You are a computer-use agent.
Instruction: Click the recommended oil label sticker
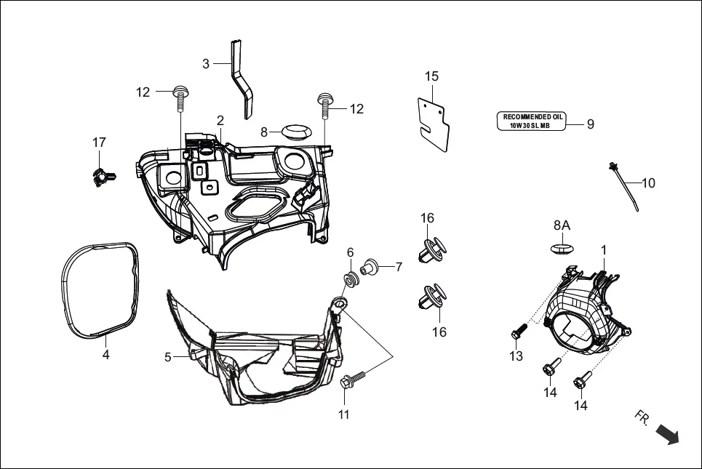coord(531,121)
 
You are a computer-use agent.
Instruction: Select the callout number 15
coord(432,76)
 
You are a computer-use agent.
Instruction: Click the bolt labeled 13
coord(517,332)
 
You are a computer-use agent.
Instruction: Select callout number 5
coord(168,357)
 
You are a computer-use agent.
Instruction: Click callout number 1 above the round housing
coord(603,250)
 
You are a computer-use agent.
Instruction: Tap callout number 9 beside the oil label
coord(591,124)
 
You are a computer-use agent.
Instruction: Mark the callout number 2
coord(220,120)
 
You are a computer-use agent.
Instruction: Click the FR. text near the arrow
coord(642,417)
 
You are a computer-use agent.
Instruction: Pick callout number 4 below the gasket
coord(105,356)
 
